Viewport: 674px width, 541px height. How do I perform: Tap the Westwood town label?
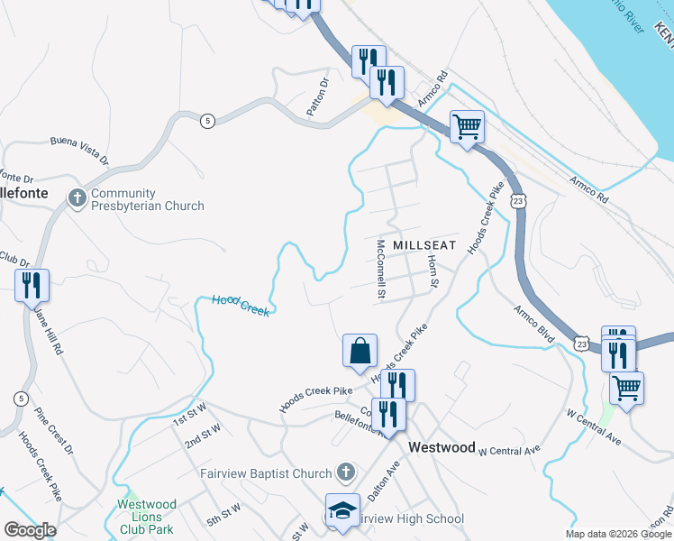[x=442, y=447]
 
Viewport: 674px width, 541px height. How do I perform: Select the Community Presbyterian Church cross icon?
[x=77, y=197]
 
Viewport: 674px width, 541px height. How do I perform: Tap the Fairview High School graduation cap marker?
[x=342, y=510]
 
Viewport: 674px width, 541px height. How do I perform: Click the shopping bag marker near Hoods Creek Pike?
[x=360, y=350]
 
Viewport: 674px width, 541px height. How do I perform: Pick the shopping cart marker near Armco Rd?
[x=467, y=127]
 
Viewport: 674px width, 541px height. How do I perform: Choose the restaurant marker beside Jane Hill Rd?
[x=32, y=285]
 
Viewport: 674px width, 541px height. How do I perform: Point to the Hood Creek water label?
[x=241, y=305]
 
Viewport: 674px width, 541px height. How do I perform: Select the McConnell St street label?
[x=381, y=269]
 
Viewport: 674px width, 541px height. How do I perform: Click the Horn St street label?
[x=433, y=271]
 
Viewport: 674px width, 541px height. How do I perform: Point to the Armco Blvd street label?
[x=534, y=322]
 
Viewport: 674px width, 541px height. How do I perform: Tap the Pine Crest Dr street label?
[x=54, y=430]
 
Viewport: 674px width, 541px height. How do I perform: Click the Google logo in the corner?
[x=30, y=530]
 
